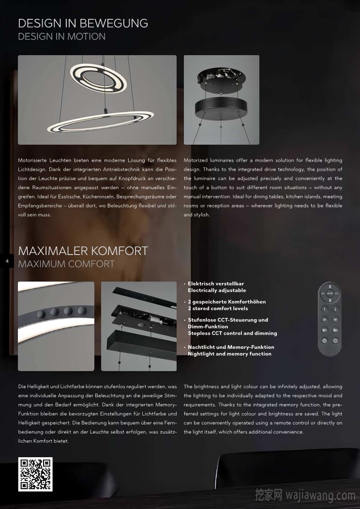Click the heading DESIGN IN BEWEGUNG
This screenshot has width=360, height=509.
tap(83, 23)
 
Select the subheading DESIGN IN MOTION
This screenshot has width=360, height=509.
tap(61, 36)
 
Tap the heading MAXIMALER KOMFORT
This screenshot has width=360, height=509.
tap(83, 251)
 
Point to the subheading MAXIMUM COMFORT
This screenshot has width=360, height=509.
tap(66, 264)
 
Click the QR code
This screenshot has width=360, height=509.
tap(35, 474)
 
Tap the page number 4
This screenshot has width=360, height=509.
tap(7, 261)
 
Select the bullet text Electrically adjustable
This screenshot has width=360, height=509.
tap(217, 290)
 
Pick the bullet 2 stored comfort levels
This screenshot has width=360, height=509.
tap(218, 308)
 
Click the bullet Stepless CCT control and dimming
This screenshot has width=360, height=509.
tap(232, 333)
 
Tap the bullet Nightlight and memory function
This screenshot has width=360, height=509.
tap(229, 354)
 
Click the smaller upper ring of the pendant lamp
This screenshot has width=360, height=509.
tap(99, 78)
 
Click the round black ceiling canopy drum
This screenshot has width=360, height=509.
tap(221, 102)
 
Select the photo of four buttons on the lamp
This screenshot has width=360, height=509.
tap(56, 326)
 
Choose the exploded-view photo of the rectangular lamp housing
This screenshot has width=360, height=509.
tap(139, 326)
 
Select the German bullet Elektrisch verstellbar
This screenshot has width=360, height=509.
tap(216, 284)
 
